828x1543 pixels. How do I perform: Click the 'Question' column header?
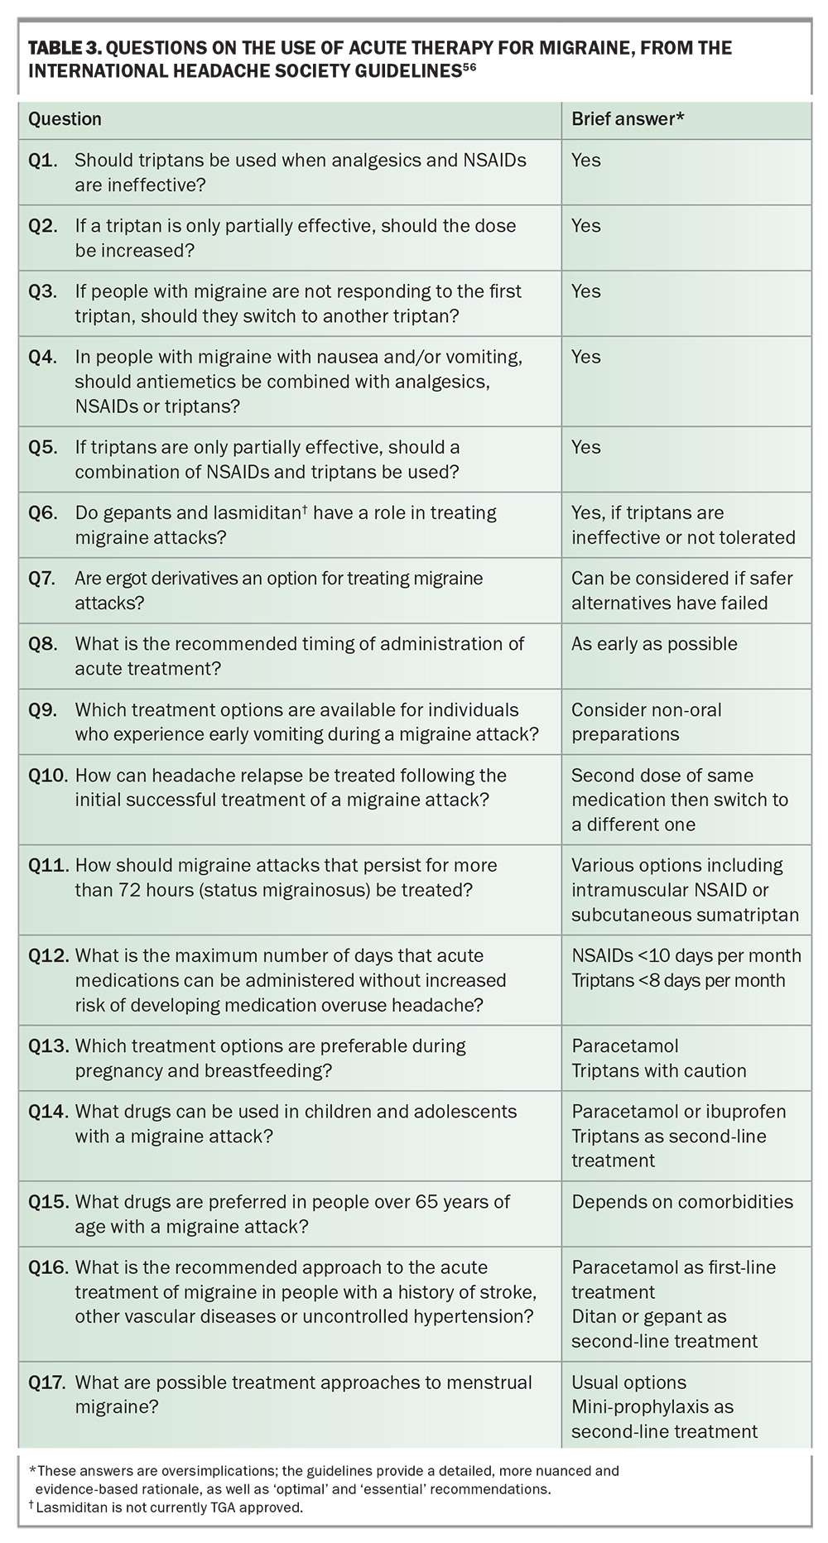[x=65, y=119]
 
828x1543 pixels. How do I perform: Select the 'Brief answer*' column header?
[x=628, y=119]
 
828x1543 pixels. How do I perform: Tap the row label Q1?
[x=43, y=160]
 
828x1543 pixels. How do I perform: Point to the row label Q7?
[x=43, y=578]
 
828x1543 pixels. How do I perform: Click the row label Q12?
[x=48, y=955]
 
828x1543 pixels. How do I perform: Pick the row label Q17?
[x=48, y=1382]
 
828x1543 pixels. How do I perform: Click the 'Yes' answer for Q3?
[x=586, y=291]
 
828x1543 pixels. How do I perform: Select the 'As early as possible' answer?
[x=654, y=644]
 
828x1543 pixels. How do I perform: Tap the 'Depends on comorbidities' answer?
[x=682, y=1201]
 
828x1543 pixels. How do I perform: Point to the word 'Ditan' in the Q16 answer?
[x=594, y=1316]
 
